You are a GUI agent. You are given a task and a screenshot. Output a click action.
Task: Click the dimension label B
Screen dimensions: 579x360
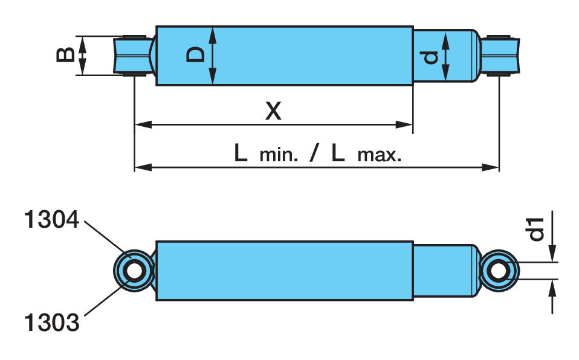(65, 56)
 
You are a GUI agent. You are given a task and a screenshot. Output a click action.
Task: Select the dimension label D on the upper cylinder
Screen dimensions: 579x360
(195, 54)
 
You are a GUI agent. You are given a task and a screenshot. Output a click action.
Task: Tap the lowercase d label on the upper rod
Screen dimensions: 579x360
(430, 57)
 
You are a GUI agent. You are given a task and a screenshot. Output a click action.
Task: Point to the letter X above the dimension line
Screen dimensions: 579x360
(273, 111)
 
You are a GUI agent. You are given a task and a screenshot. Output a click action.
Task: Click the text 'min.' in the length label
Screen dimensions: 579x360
(279, 155)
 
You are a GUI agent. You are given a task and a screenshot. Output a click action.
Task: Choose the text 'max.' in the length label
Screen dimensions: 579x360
(379, 155)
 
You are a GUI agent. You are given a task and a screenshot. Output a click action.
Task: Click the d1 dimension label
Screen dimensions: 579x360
(537, 229)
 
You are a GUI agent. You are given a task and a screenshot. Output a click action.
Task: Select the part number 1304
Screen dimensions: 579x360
(52, 220)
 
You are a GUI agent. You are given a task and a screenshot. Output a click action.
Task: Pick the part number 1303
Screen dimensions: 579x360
(52, 322)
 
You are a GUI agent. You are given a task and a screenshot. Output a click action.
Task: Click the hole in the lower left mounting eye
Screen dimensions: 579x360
(134, 271)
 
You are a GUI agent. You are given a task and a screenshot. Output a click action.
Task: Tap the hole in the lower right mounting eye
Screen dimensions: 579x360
(499, 271)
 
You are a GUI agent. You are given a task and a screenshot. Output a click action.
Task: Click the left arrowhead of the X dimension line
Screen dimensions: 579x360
(143, 125)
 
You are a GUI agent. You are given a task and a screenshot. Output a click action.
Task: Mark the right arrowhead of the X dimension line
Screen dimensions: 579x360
(404, 125)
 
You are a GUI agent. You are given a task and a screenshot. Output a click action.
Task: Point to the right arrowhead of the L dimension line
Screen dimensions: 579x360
(490, 167)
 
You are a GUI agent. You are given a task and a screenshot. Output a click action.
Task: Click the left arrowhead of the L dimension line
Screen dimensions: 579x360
(143, 167)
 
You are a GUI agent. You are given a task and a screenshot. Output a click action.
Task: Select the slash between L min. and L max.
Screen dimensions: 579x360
(313, 153)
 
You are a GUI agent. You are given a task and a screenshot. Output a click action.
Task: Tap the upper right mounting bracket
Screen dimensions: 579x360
(500, 56)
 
